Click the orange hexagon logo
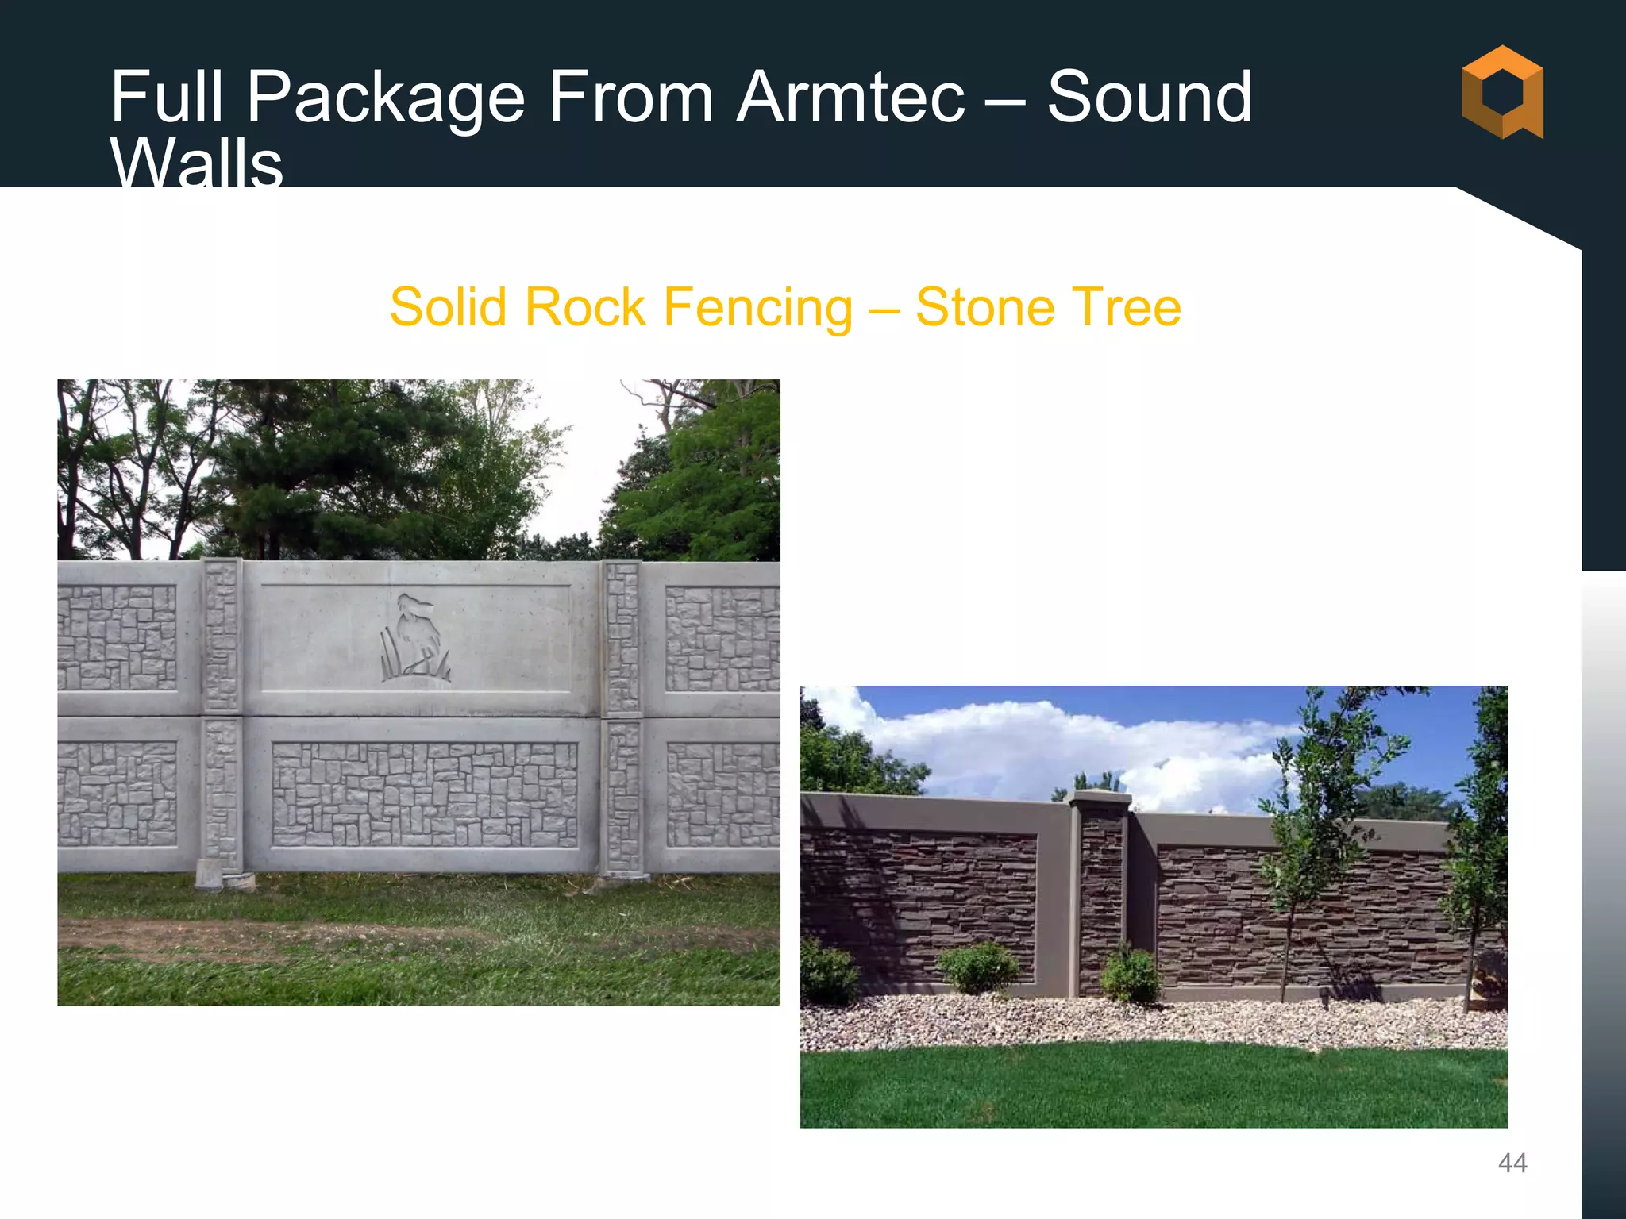tap(1502, 92)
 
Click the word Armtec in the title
tap(850, 98)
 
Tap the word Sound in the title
tap(1149, 98)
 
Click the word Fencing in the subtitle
tap(757, 308)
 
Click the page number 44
tap(1512, 1163)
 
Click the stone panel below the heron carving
tap(425, 794)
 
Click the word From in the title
tap(630, 98)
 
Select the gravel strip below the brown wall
tap(1151, 1024)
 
